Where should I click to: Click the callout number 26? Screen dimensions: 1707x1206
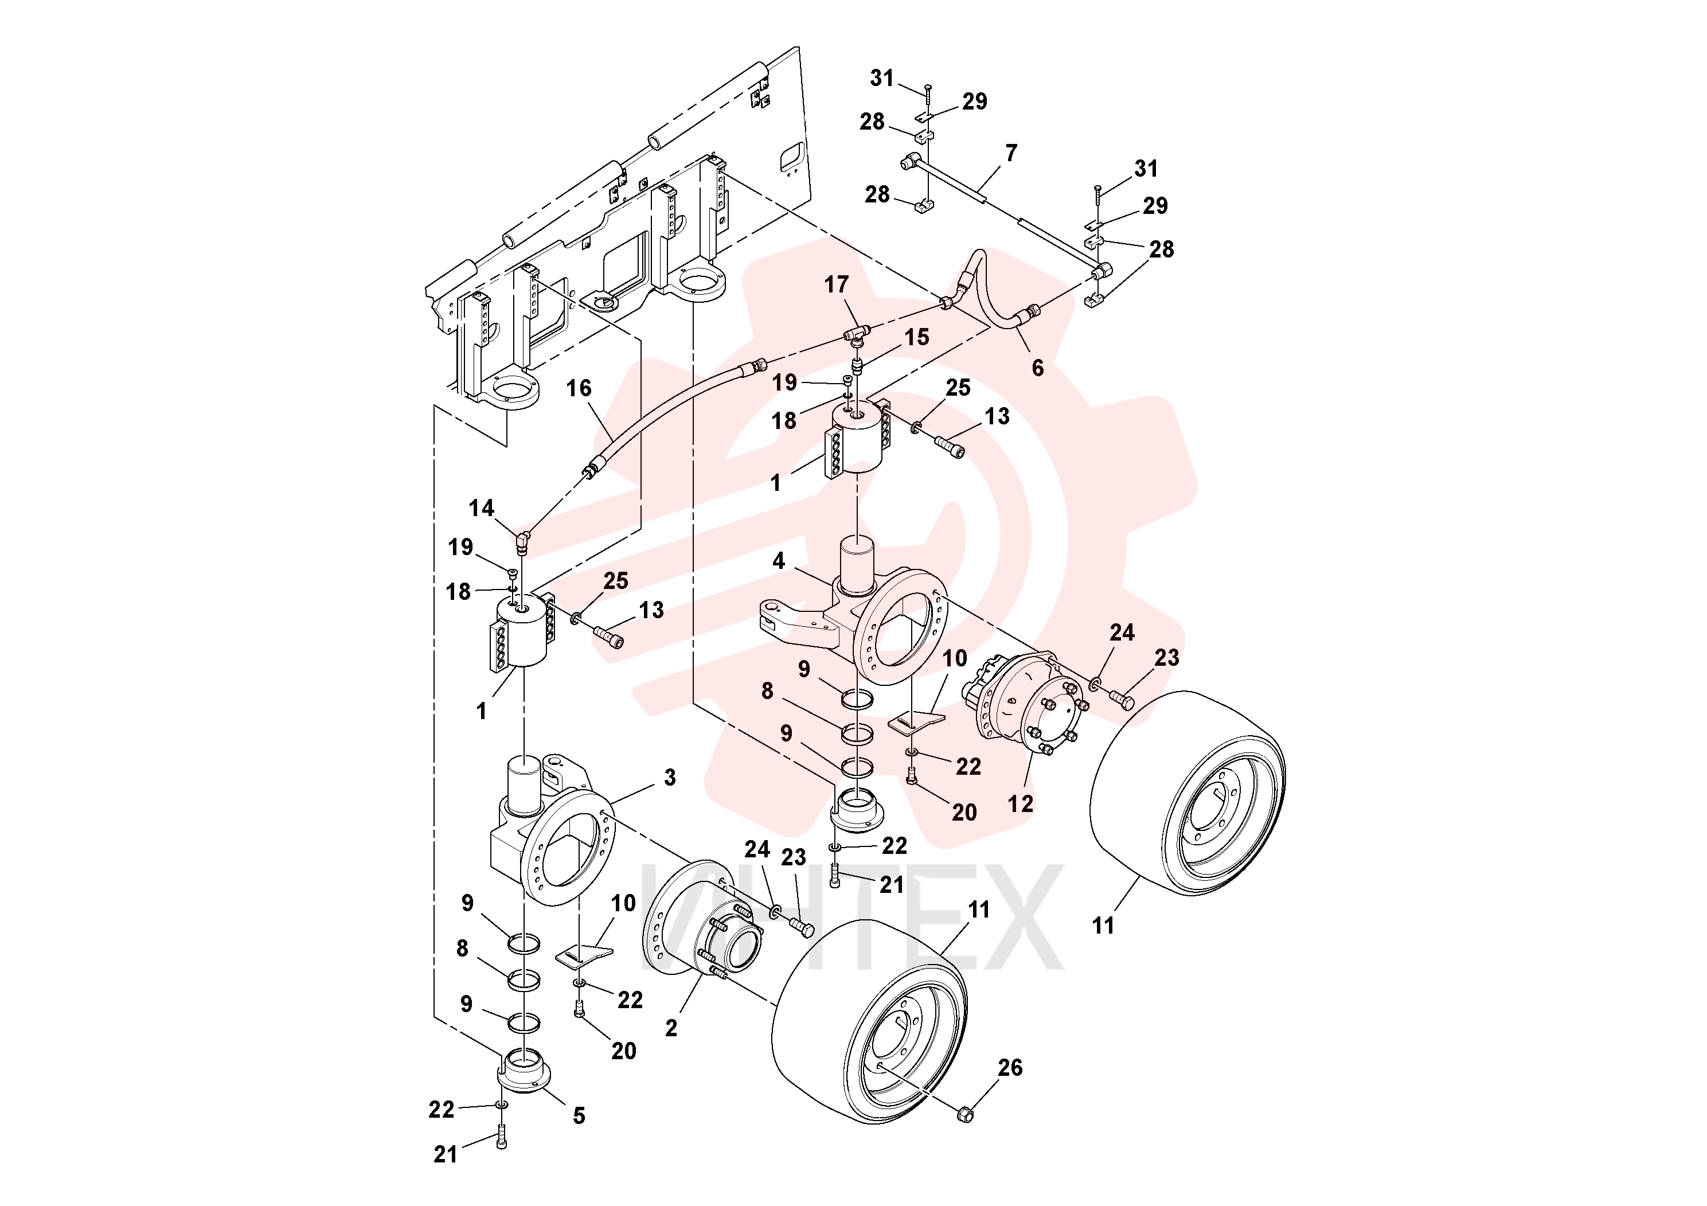(x=1010, y=1068)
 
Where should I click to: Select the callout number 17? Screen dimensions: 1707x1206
(x=837, y=285)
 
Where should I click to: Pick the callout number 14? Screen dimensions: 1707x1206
(x=481, y=508)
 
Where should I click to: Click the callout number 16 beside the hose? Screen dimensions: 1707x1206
(x=579, y=388)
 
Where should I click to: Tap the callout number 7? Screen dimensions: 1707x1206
(x=1011, y=153)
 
